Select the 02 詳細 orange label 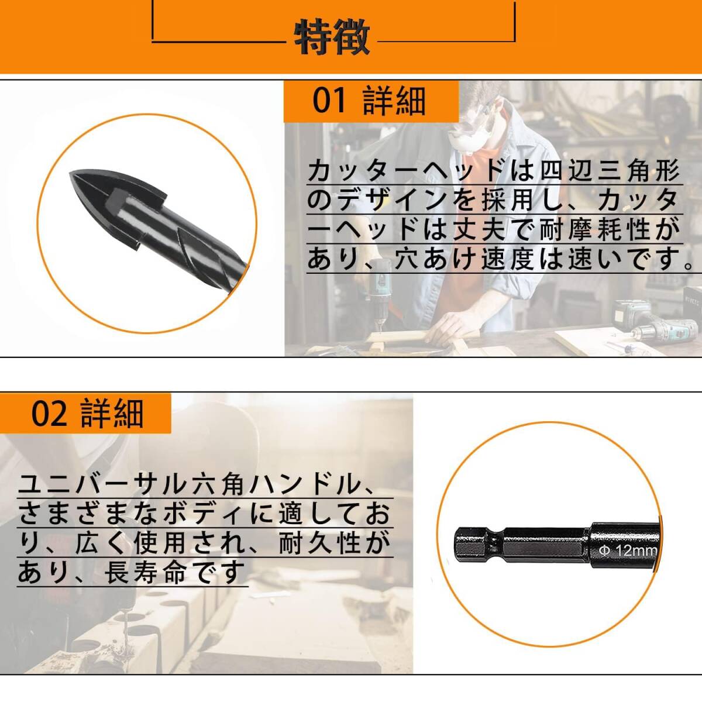coord(87,413)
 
